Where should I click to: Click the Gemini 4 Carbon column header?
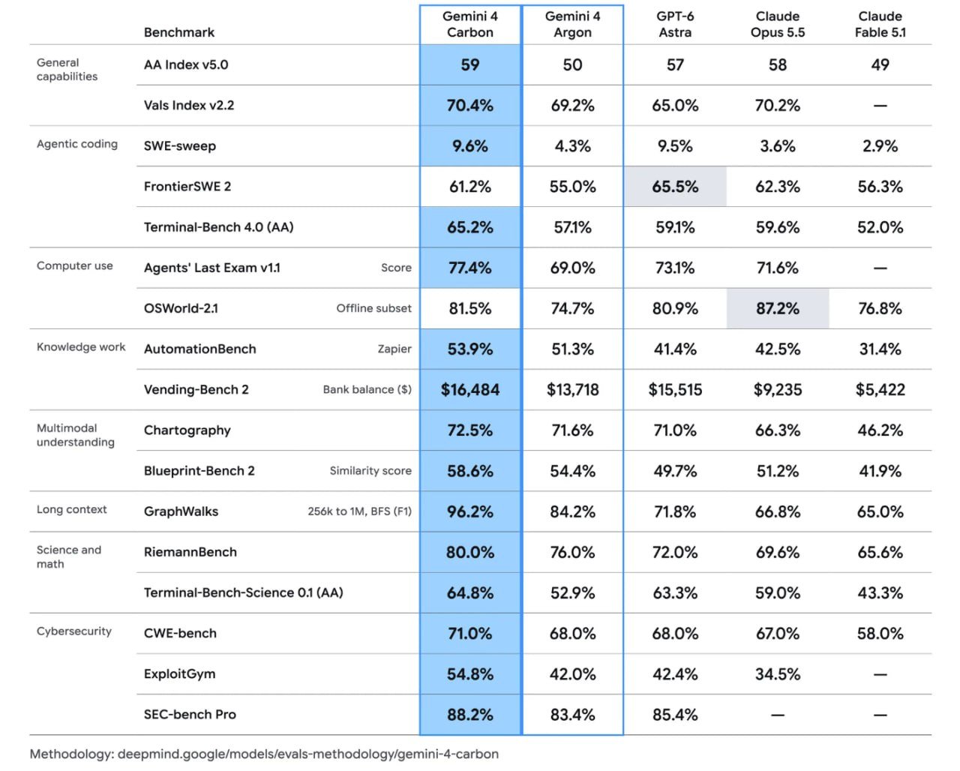click(x=469, y=25)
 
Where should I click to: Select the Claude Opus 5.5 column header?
click(x=778, y=25)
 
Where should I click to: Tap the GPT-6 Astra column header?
click(x=675, y=25)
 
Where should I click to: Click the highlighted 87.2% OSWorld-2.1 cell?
click(x=778, y=308)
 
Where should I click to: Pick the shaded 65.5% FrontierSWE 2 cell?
click(x=675, y=187)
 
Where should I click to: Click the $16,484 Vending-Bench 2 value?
click(x=469, y=389)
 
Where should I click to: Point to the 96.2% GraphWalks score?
click(x=469, y=511)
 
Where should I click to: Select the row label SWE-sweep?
click(x=180, y=146)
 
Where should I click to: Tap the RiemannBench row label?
click(x=190, y=552)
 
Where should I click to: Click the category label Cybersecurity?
click(x=74, y=631)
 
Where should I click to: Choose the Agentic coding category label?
click(x=77, y=144)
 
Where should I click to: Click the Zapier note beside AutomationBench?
click(x=394, y=349)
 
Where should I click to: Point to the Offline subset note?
click(x=373, y=308)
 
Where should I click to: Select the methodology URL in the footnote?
click(x=308, y=754)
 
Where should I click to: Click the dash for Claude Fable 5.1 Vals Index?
click(x=880, y=106)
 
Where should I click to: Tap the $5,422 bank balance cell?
click(x=880, y=389)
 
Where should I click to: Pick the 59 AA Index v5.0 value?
click(x=469, y=64)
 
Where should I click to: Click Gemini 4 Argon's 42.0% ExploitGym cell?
click(x=572, y=673)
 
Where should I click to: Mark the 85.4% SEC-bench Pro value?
click(x=675, y=714)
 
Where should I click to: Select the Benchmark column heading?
click(x=179, y=32)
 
